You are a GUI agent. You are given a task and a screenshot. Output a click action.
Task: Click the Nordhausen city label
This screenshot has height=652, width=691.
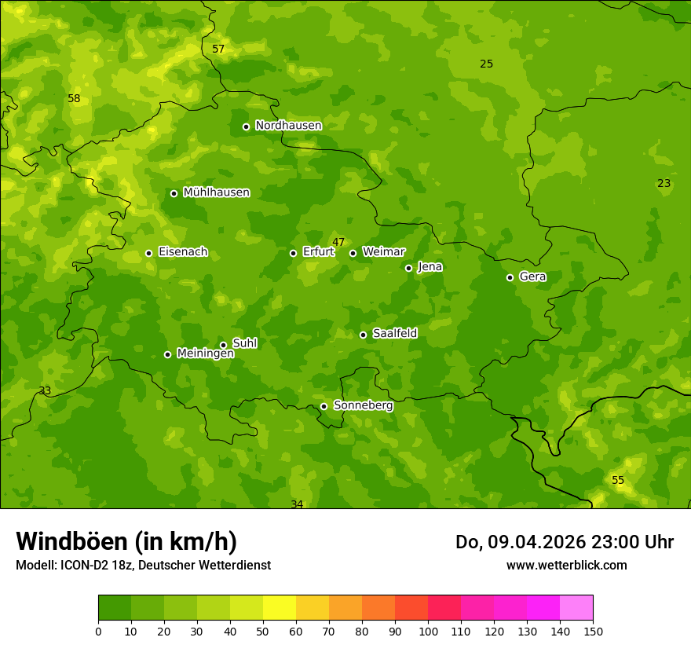click(x=288, y=126)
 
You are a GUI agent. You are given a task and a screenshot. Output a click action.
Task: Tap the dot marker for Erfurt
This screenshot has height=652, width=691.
click(x=293, y=253)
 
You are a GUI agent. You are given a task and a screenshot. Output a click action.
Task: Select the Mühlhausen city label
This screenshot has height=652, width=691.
click(x=216, y=192)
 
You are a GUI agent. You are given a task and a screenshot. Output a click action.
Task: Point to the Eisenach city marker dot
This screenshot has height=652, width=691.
click(x=148, y=253)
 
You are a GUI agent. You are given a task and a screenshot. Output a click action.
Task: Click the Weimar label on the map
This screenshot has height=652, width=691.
click(x=383, y=252)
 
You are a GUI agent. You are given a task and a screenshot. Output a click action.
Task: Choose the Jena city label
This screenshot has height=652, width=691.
click(x=430, y=267)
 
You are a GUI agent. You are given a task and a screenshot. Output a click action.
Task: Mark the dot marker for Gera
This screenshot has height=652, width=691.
click(x=510, y=277)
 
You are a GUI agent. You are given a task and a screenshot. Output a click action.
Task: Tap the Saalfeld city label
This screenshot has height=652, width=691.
click(x=394, y=334)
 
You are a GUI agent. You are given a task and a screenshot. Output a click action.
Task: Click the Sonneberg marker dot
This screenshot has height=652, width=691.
click(x=324, y=406)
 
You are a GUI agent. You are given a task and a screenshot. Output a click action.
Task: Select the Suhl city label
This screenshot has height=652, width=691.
click(x=244, y=343)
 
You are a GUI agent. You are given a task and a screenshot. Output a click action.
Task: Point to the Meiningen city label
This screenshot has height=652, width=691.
click(x=205, y=354)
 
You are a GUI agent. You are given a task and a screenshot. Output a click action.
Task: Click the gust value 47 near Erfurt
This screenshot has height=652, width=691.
click(x=338, y=242)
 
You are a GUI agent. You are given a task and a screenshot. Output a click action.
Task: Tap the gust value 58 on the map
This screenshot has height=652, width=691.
click(x=74, y=98)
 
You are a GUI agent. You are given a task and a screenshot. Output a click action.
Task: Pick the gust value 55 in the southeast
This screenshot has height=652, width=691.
click(x=618, y=480)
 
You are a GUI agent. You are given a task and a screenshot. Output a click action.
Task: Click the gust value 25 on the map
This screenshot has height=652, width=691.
click(x=487, y=64)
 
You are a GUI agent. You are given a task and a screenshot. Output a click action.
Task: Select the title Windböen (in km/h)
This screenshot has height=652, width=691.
click(x=126, y=541)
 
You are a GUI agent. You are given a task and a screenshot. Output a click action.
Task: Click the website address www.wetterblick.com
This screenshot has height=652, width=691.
click(x=566, y=565)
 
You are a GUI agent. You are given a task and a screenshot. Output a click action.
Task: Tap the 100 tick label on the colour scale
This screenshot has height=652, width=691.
click(x=428, y=631)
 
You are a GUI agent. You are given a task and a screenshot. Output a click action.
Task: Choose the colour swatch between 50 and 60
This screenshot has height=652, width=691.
click(x=280, y=608)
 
